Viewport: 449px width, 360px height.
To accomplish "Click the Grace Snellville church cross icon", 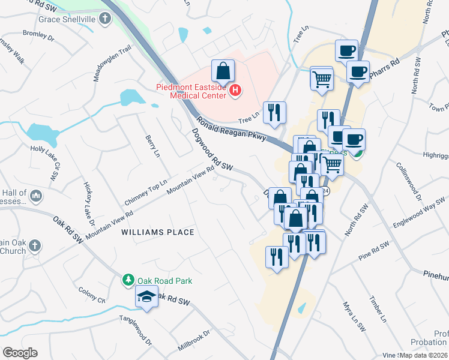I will click(105, 19).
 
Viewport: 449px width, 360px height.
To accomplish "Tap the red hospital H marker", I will click(235, 91).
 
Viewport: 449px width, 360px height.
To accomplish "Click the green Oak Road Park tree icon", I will click(128, 279).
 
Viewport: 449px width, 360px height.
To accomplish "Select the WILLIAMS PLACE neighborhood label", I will click(158, 232).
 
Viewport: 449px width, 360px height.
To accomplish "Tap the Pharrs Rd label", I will click(387, 62).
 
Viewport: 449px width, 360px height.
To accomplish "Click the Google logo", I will click(20, 353).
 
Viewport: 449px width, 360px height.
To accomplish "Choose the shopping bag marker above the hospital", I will click(223, 71).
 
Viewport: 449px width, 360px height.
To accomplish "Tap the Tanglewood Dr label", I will click(136, 330).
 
